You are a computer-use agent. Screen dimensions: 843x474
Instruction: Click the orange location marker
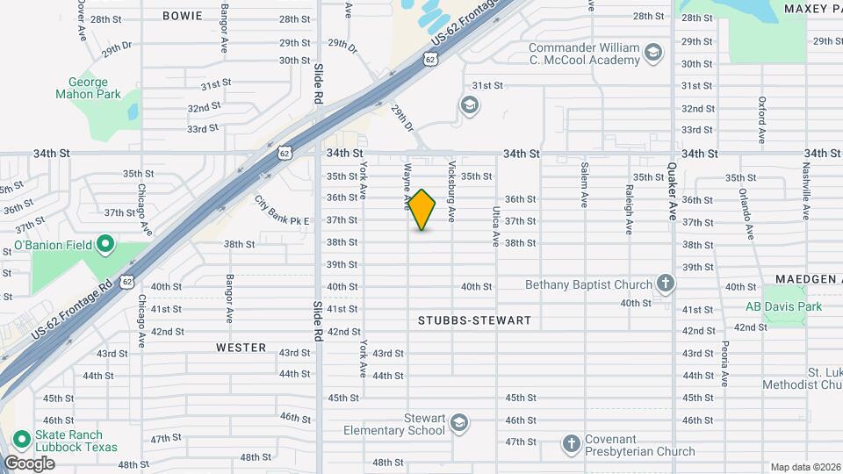point(422,211)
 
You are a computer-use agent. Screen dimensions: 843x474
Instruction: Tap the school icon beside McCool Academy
point(652,54)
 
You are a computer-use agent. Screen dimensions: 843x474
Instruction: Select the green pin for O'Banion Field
point(104,243)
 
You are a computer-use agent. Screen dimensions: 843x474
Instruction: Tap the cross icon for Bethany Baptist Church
point(666,284)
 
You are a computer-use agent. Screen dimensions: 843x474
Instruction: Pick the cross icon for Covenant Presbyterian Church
point(571,443)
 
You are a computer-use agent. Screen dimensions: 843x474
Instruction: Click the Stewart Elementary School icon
point(458,425)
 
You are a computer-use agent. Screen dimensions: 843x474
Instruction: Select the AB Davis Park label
point(783,306)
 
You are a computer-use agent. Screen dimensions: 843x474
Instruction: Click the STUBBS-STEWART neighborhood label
point(474,320)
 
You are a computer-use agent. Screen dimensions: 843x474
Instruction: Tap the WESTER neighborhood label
point(241,348)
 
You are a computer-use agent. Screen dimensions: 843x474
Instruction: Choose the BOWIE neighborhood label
point(182,16)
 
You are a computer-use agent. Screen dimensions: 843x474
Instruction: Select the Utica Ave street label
point(496,226)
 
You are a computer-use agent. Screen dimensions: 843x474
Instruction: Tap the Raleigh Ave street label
point(629,209)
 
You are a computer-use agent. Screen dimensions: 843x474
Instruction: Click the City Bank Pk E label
point(282,211)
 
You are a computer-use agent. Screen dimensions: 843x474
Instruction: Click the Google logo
point(29,463)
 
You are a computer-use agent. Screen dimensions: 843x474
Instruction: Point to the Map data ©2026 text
point(805,468)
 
